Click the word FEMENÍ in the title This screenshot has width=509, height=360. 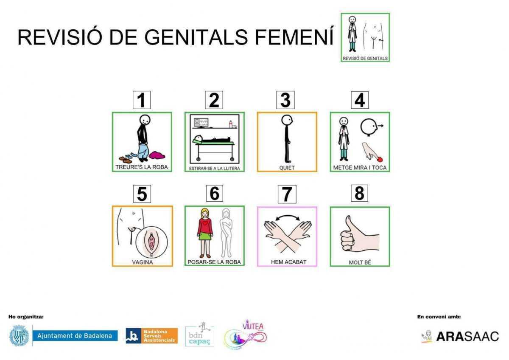click(294, 37)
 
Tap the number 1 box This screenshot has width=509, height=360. click(142, 100)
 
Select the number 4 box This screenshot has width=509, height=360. click(359, 100)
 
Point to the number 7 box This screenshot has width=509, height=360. click(287, 194)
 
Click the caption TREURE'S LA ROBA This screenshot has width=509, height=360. click(142, 167)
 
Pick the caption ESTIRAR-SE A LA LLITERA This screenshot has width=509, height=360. click(214, 169)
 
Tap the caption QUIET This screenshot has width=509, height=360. click(287, 168)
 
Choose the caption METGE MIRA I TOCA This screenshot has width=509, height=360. click(360, 168)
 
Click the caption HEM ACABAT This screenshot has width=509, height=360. click(287, 262)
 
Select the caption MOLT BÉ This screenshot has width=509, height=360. click(360, 262)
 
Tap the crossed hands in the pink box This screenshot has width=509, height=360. click(287, 233)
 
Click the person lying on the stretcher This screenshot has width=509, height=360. click(212, 139)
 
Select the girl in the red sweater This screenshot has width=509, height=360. click(204, 231)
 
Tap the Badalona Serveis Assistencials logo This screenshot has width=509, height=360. click(151, 335)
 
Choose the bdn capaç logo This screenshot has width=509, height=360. click(199, 335)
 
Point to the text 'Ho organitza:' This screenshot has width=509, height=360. click(26, 317)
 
